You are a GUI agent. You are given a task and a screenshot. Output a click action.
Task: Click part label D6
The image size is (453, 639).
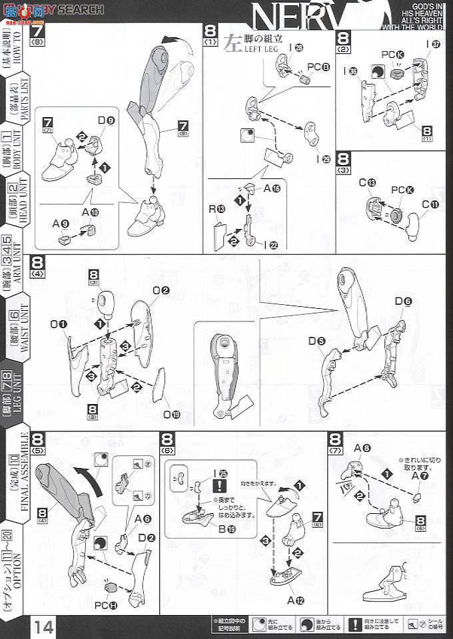pos(404,302)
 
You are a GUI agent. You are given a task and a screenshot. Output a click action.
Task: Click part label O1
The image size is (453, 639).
pos(63,324)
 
